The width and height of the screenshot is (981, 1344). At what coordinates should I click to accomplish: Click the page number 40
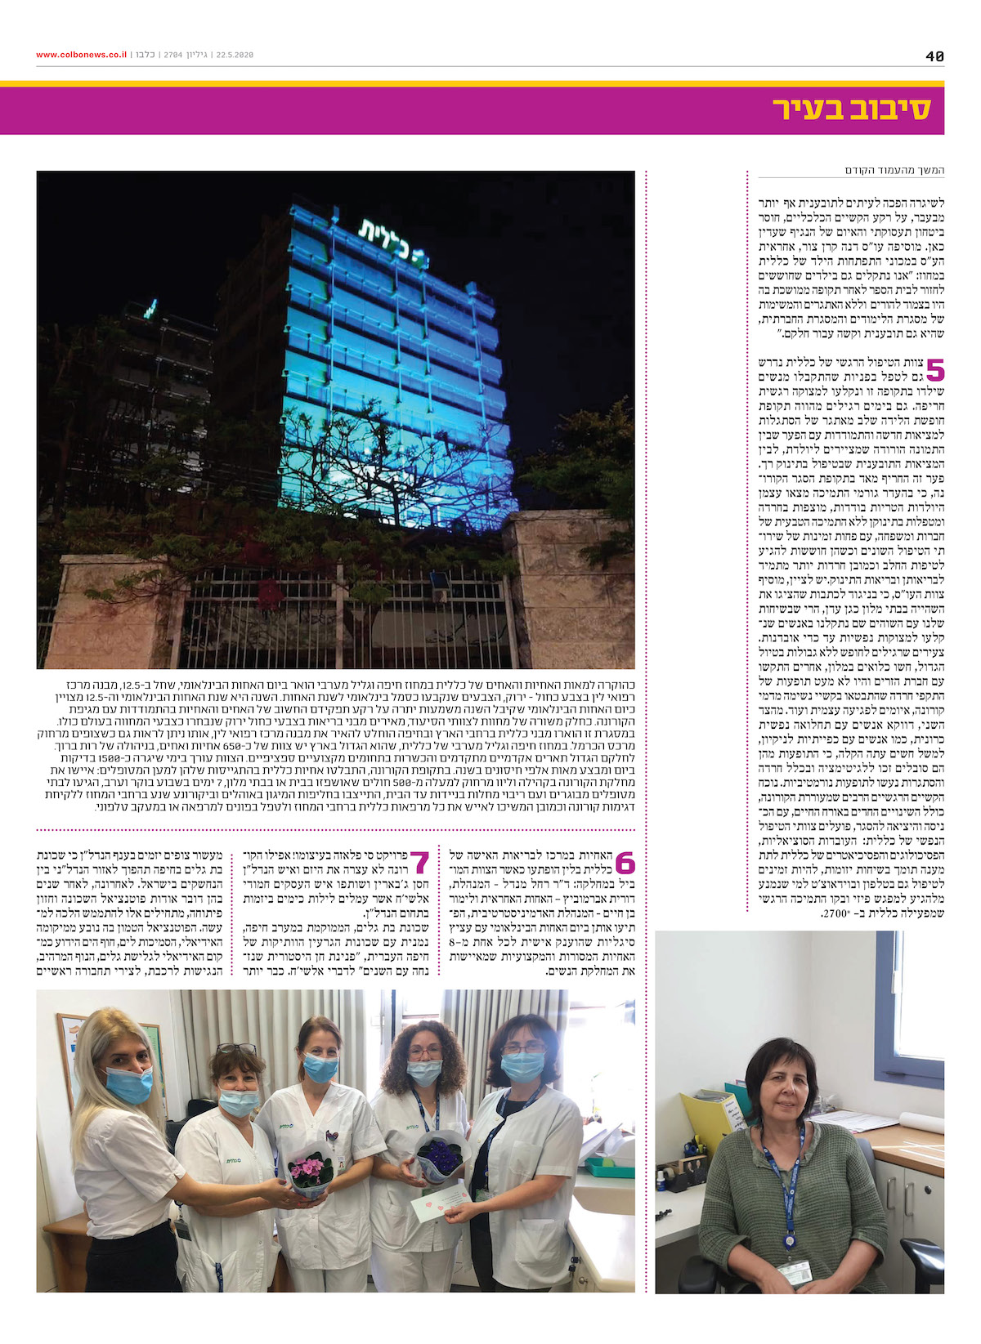coord(934,56)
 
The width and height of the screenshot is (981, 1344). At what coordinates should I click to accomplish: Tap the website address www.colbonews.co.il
coord(81,55)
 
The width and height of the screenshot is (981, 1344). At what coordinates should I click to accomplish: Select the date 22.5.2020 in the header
coord(235,55)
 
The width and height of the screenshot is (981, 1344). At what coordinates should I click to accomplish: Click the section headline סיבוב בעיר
coord(851,109)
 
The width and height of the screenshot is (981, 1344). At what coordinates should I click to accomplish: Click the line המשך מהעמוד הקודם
coord(894,170)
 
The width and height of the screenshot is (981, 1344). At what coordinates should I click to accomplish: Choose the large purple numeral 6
coord(625,863)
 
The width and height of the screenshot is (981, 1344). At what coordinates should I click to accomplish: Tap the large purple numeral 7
coord(419,863)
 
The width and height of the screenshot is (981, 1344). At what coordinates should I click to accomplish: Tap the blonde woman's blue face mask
coord(130,1085)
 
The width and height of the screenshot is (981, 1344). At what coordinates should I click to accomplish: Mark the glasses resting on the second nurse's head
coord(235,1049)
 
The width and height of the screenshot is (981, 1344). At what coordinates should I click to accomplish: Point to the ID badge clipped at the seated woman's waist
coord(793,1272)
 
